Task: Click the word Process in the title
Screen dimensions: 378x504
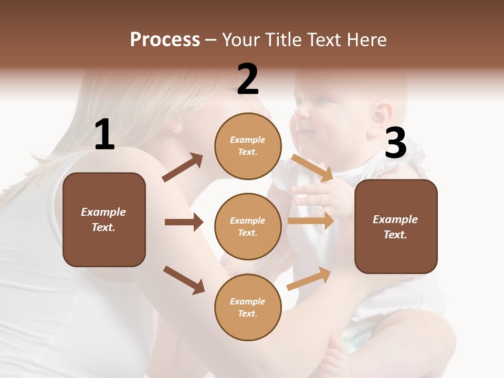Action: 165,39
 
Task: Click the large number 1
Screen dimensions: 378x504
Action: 104,135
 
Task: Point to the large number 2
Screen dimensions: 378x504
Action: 248,79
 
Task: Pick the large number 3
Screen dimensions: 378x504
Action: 395,143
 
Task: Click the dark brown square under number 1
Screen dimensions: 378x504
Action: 104,219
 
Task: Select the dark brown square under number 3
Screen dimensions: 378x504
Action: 396,226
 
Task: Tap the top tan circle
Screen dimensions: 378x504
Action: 248,146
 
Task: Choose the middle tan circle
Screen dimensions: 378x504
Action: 248,226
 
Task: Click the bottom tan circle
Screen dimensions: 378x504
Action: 248,307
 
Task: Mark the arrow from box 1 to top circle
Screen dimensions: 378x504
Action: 183,167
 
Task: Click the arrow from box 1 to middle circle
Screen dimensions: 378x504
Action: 184,222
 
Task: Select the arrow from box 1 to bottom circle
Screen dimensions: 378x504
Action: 184,280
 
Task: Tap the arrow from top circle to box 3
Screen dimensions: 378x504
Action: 312,167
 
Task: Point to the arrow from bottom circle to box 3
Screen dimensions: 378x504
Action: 309,279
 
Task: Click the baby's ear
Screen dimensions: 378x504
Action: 383,114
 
